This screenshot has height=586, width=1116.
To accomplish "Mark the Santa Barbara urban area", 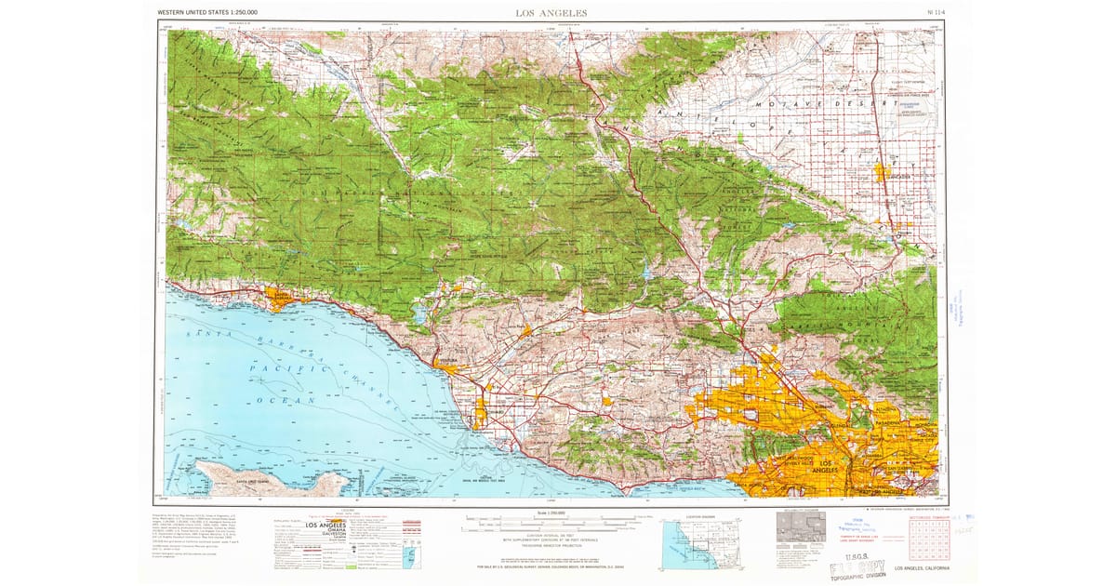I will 279,297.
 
